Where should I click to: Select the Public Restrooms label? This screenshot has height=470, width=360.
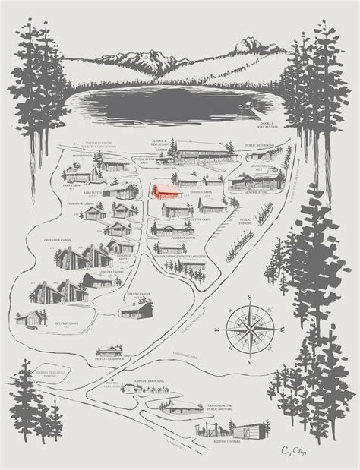[260, 144]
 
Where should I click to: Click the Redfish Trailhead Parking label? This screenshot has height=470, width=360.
[53, 373]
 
